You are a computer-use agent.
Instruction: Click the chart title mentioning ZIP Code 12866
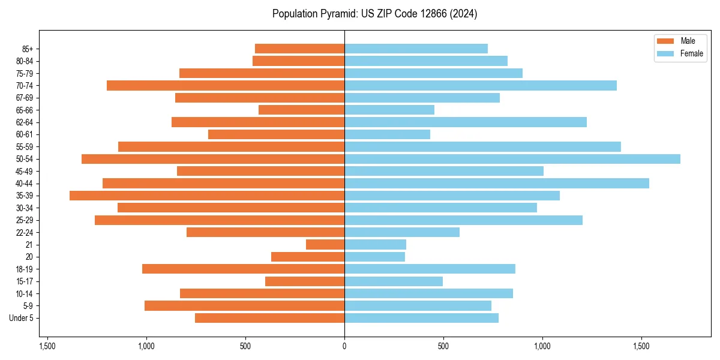(374, 14)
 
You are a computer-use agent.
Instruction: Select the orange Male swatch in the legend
(666, 41)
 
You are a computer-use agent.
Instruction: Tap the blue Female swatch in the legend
(666, 53)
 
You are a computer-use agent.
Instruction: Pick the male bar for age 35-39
(207, 196)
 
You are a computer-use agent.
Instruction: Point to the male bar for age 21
(325, 245)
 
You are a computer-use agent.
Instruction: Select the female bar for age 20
(374, 257)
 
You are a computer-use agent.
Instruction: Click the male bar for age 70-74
(226, 86)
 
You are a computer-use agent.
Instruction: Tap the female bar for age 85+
(416, 49)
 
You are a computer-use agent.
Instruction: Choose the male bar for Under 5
(269, 318)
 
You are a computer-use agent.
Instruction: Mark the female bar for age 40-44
(496, 184)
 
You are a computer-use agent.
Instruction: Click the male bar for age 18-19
(243, 269)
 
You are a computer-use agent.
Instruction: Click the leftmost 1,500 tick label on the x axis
(47, 346)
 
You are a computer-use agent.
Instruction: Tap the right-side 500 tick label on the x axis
(443, 346)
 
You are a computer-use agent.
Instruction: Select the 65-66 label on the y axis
(24, 110)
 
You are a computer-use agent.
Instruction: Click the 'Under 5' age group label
(22, 318)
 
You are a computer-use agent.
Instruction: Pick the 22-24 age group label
(24, 232)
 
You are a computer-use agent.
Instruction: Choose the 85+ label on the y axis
(26, 49)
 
